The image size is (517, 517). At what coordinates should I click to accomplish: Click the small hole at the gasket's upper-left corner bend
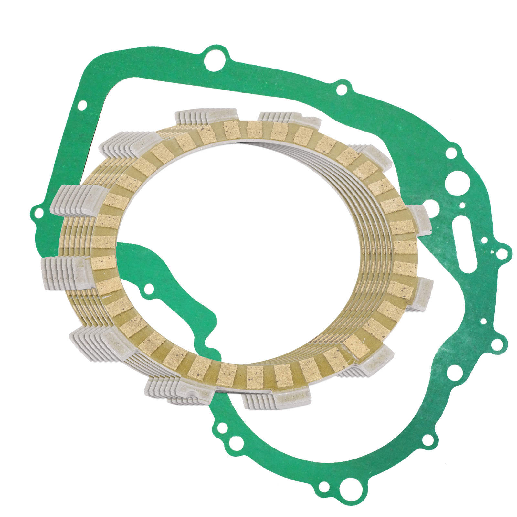[x=83, y=104]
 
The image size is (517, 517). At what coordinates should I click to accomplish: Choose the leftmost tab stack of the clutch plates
[x=65, y=271]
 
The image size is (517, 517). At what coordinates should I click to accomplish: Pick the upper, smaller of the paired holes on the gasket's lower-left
[x=221, y=428]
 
